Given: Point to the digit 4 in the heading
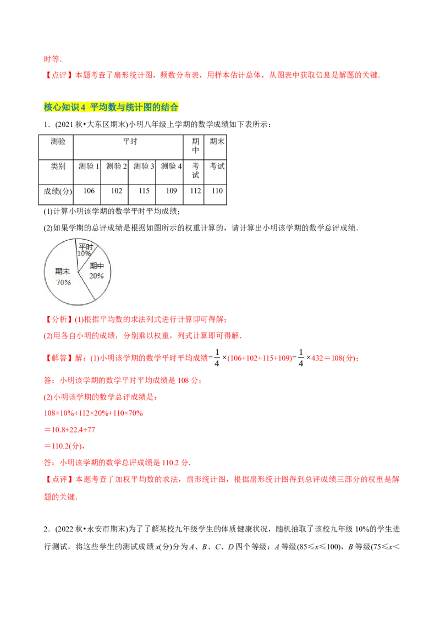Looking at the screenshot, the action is tap(83, 108).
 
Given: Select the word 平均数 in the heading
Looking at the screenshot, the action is tap(102, 108).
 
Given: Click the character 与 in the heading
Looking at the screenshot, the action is tap(119, 108).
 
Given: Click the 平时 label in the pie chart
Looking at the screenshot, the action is tap(85, 246).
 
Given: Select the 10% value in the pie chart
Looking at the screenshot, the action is tap(84, 254).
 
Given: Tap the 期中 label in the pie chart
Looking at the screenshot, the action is tap(97, 267).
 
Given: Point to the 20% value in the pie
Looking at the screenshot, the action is tap(97, 276).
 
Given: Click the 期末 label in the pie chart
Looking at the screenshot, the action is tap(63, 271).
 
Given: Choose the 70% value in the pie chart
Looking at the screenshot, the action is tap(63, 282).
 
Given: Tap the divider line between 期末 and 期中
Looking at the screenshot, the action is tap(86, 286).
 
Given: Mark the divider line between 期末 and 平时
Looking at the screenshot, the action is tap(76, 256).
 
